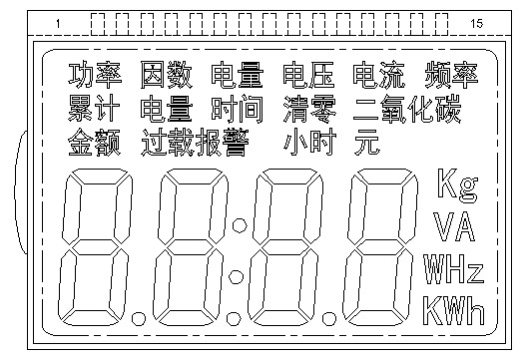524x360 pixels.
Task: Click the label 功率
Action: pyautogui.click(x=95, y=74)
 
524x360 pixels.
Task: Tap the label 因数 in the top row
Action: pyautogui.click(x=166, y=74)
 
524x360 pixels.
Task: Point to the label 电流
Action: pyautogui.click(x=378, y=74)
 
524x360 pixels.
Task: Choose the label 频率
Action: pyautogui.click(x=450, y=74)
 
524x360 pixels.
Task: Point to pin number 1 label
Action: pyautogui.click(x=58, y=22)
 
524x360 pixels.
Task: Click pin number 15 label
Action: pyautogui.click(x=476, y=22)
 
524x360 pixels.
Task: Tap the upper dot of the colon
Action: pyautogui.click(x=237, y=215)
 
